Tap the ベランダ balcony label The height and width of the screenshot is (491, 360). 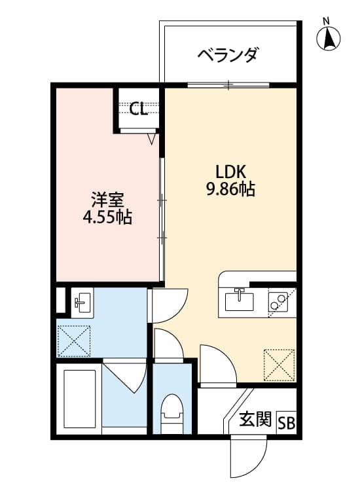pos(228,55)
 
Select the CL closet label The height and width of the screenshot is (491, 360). pos(138,109)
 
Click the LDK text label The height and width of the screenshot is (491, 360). pos(230,172)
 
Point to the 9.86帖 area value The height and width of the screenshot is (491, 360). pos(230,189)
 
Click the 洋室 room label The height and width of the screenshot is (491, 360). pos(108,200)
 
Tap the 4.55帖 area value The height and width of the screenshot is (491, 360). pos(107,217)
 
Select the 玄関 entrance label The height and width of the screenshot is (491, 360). pos(255,419)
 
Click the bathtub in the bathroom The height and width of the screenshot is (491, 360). pos(79,399)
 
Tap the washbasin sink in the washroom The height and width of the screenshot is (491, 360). pos(82,302)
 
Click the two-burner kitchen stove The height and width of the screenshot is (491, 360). pos(278,302)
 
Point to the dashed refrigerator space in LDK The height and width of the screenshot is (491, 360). pos(279,365)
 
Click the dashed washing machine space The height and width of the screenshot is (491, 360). pos(73,340)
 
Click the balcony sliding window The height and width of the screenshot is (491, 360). pos(228,84)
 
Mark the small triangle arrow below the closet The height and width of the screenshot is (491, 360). pos(151,139)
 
